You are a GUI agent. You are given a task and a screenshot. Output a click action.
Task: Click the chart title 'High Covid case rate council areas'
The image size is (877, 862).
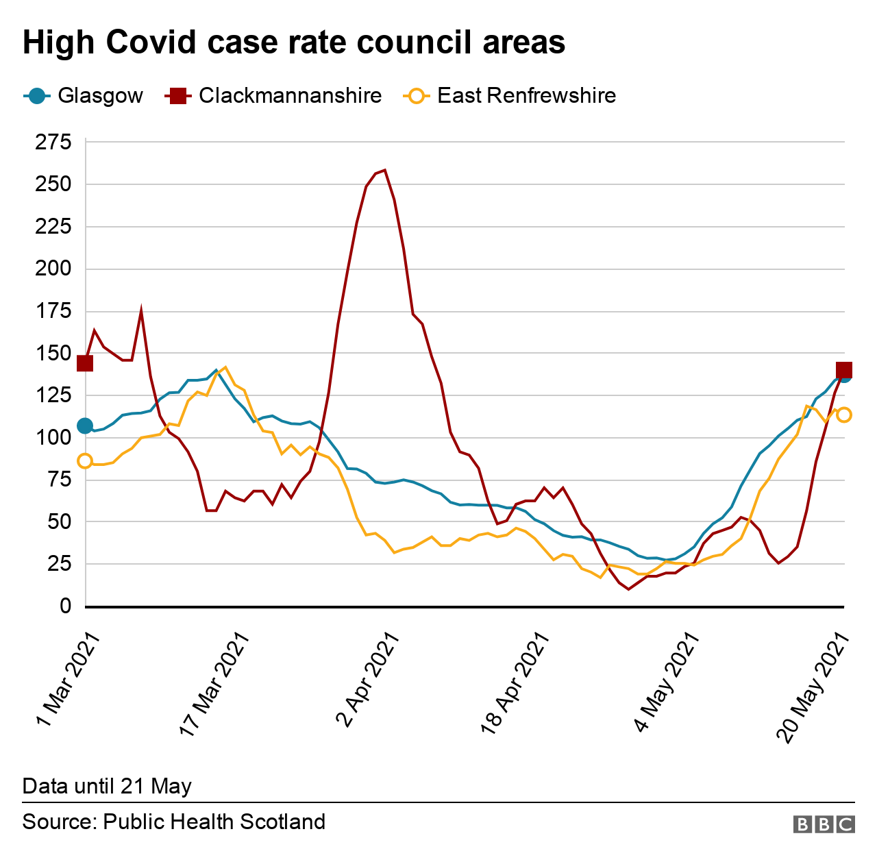tap(294, 42)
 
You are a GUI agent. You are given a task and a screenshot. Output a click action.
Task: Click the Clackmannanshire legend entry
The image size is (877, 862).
tap(274, 95)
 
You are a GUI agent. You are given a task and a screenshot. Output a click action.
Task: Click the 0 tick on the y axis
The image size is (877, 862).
tap(66, 606)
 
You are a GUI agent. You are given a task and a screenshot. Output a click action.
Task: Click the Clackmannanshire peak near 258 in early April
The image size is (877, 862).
tap(384, 170)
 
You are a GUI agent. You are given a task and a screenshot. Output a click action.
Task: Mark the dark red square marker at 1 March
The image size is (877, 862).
tap(85, 363)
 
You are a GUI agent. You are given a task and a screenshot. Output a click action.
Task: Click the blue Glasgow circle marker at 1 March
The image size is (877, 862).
tap(85, 426)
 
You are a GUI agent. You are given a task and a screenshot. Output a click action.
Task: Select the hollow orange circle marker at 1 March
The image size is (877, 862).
tap(85, 461)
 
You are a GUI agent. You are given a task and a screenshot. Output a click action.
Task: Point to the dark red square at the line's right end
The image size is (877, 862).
tap(843, 370)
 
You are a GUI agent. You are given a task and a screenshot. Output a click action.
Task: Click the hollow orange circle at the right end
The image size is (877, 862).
tap(843, 415)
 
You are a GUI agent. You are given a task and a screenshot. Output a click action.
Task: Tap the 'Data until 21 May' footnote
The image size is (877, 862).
tap(107, 786)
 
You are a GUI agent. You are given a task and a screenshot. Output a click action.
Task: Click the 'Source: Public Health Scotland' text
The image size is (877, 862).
tap(174, 822)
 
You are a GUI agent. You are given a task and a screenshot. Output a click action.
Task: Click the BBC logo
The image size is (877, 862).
tap(824, 824)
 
